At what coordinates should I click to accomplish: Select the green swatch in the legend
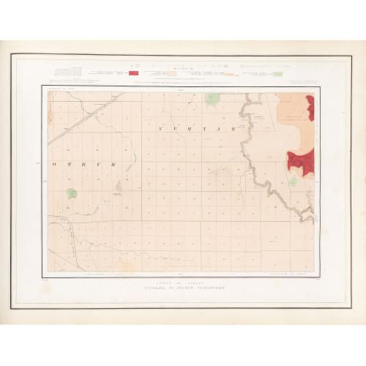point(277,73)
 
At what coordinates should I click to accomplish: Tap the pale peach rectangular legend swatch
point(170,73)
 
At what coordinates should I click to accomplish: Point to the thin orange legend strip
point(229,74)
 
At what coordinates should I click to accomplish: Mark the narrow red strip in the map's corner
point(312,108)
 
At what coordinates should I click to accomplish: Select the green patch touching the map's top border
point(212,97)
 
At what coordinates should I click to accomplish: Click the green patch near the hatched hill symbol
point(72,193)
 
